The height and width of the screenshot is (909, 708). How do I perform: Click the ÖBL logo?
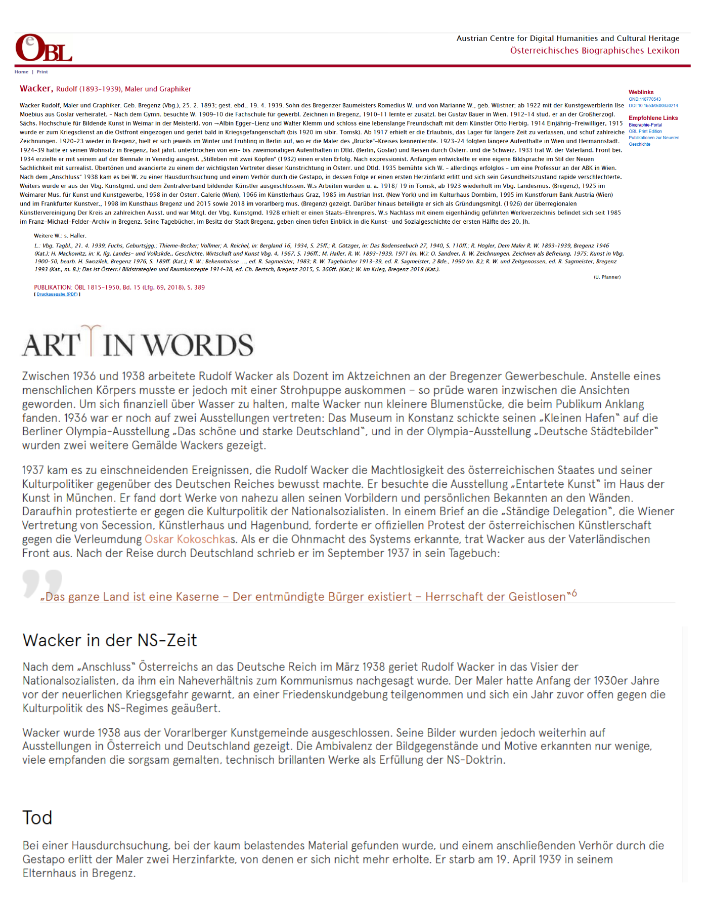[43, 49]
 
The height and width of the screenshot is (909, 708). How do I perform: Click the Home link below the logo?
[21, 72]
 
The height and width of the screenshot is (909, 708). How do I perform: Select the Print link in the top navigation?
[42, 72]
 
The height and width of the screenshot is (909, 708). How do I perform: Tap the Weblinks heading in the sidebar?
[641, 92]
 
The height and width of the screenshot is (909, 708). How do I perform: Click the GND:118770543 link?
[644, 99]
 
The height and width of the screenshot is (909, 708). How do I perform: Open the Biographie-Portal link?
[645, 125]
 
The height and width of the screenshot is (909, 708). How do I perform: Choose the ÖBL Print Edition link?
[645, 131]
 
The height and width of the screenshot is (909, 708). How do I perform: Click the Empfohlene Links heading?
[653, 118]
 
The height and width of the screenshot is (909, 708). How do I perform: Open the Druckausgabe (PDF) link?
[57, 294]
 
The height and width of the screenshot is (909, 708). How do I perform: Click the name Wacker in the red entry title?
[35, 89]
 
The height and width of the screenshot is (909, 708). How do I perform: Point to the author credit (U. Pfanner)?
[607, 277]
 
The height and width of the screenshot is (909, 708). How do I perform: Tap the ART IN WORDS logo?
[138, 343]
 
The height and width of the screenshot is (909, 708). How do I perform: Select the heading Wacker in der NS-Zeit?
[110, 640]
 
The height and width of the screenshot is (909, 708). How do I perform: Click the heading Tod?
[37, 818]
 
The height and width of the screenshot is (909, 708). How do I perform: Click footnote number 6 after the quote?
[574, 594]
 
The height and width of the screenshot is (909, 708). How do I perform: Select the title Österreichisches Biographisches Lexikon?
[594, 51]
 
